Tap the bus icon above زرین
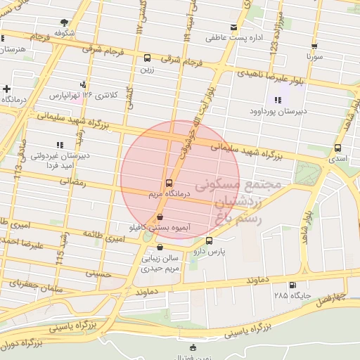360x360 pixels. pos(147,58)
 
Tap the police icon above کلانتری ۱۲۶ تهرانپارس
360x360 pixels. pos(85,85)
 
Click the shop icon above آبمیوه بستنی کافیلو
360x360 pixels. pos(161,218)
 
